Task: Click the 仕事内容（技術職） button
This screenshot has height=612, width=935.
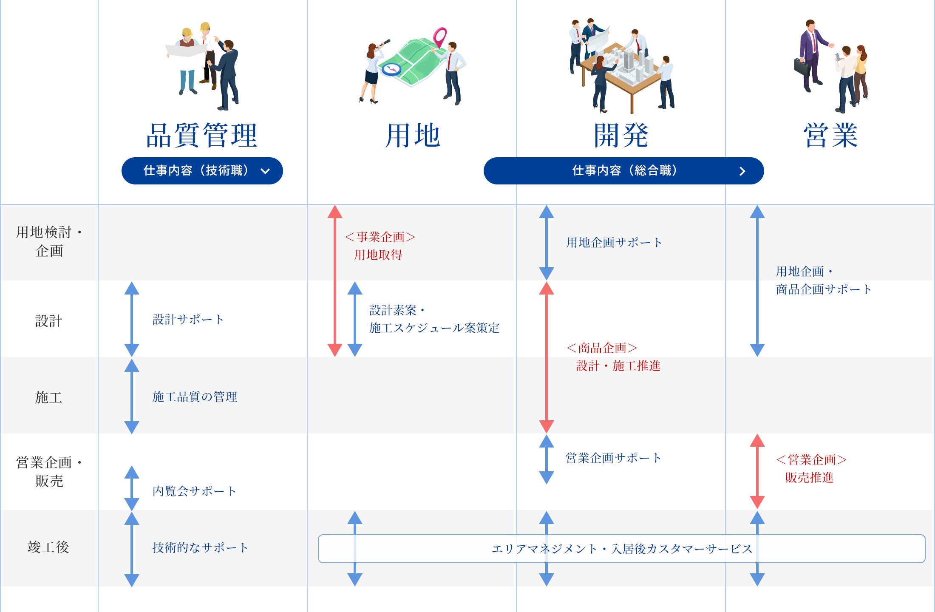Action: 202,171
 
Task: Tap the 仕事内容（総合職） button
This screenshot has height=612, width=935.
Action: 623,171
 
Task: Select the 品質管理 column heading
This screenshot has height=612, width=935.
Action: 202,136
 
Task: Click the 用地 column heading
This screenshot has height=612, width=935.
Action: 412,136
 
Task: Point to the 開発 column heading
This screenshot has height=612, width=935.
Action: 621,136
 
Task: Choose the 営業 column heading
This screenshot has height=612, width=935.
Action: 830,136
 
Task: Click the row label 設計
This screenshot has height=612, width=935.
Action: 49,321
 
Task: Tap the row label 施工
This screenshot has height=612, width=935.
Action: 49,397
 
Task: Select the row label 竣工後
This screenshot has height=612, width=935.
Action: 49,547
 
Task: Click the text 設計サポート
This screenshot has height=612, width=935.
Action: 188,320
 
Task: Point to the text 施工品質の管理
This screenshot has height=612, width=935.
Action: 195,397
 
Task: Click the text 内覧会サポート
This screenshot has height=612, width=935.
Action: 194,491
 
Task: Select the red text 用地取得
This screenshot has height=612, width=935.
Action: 378,255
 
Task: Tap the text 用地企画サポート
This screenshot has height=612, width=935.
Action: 614,243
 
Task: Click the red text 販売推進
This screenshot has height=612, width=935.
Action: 809,478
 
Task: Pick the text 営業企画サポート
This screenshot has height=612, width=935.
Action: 613,458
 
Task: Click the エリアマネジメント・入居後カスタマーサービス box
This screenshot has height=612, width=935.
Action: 621,549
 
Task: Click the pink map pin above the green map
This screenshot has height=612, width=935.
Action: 440,37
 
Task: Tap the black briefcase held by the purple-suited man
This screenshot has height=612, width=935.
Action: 802,67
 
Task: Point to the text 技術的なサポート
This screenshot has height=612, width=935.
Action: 200,548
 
